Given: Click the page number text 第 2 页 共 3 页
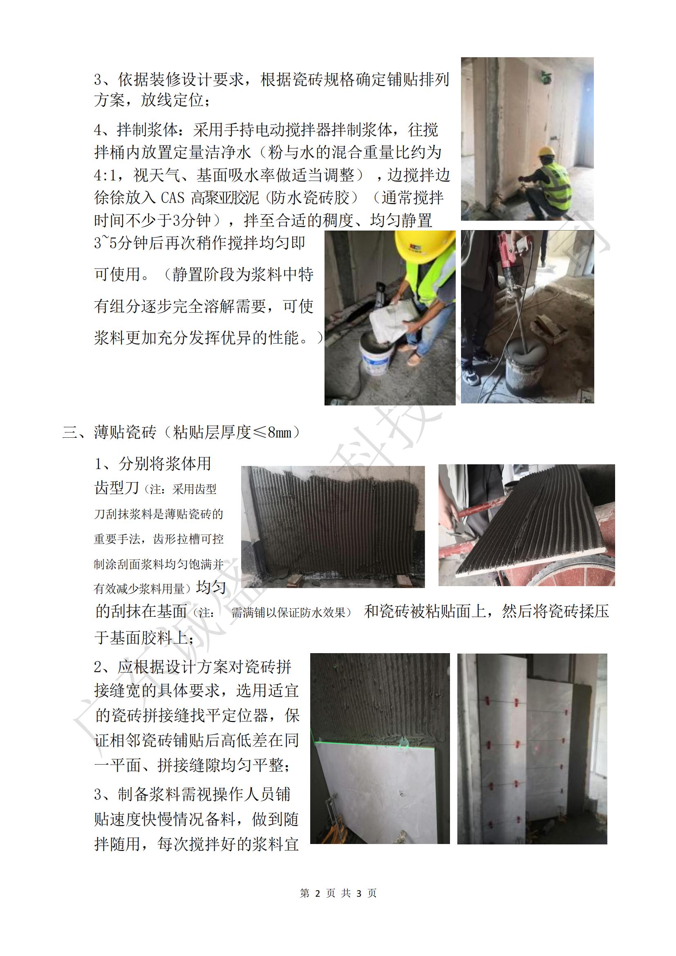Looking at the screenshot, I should (338, 893).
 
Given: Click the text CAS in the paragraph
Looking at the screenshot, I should (172, 198).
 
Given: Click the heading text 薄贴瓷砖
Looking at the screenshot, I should (125, 432).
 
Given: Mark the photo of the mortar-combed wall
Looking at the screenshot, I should (333, 526).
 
